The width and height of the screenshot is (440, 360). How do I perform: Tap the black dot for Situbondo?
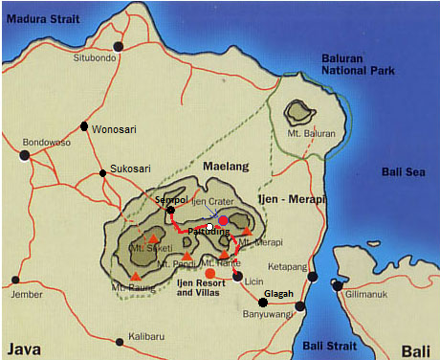point(119,46)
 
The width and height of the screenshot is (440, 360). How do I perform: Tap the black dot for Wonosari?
point(85,126)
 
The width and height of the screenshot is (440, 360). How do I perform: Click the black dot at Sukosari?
point(102,173)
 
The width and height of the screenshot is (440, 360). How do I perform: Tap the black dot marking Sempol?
point(170,210)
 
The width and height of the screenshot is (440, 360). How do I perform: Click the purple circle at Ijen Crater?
point(223,220)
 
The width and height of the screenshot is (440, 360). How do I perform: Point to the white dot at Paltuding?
point(209,227)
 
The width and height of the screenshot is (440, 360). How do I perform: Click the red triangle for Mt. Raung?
point(135,276)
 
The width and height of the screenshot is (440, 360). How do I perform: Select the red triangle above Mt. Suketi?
point(153,238)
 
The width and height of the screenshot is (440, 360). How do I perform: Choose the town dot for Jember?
point(14,281)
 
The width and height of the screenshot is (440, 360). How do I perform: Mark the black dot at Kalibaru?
point(119,341)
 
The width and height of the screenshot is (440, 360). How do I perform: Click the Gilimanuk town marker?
point(336,284)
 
